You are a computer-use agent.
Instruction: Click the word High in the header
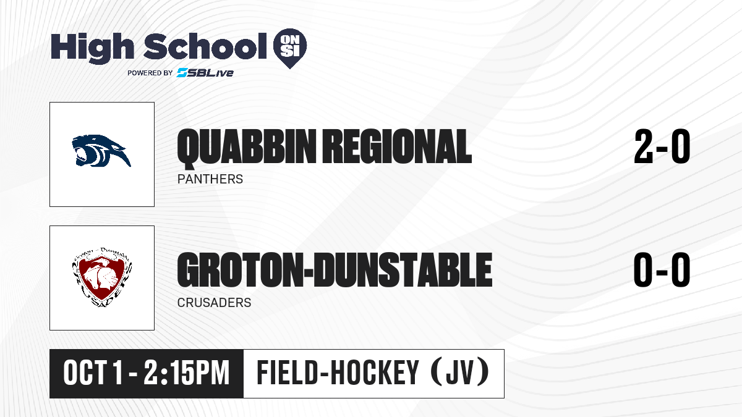(x=92, y=48)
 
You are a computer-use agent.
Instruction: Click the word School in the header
(x=205, y=46)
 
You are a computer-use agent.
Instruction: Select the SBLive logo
(x=205, y=73)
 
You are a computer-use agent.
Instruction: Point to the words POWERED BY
(x=150, y=73)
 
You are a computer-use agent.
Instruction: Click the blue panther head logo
(x=101, y=151)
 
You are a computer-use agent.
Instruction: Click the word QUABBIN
(x=247, y=147)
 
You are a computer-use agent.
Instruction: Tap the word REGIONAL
(x=397, y=146)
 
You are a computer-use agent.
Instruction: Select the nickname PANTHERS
(x=210, y=179)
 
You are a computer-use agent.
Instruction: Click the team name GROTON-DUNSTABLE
(x=335, y=270)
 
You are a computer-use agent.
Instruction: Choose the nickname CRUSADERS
(x=214, y=303)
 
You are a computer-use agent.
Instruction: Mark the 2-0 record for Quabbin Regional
(x=662, y=146)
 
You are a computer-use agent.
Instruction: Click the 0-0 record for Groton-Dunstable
(x=662, y=270)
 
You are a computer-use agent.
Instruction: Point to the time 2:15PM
(x=187, y=373)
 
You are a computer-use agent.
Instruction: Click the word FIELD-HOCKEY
(x=338, y=373)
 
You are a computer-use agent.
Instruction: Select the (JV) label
(x=460, y=372)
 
